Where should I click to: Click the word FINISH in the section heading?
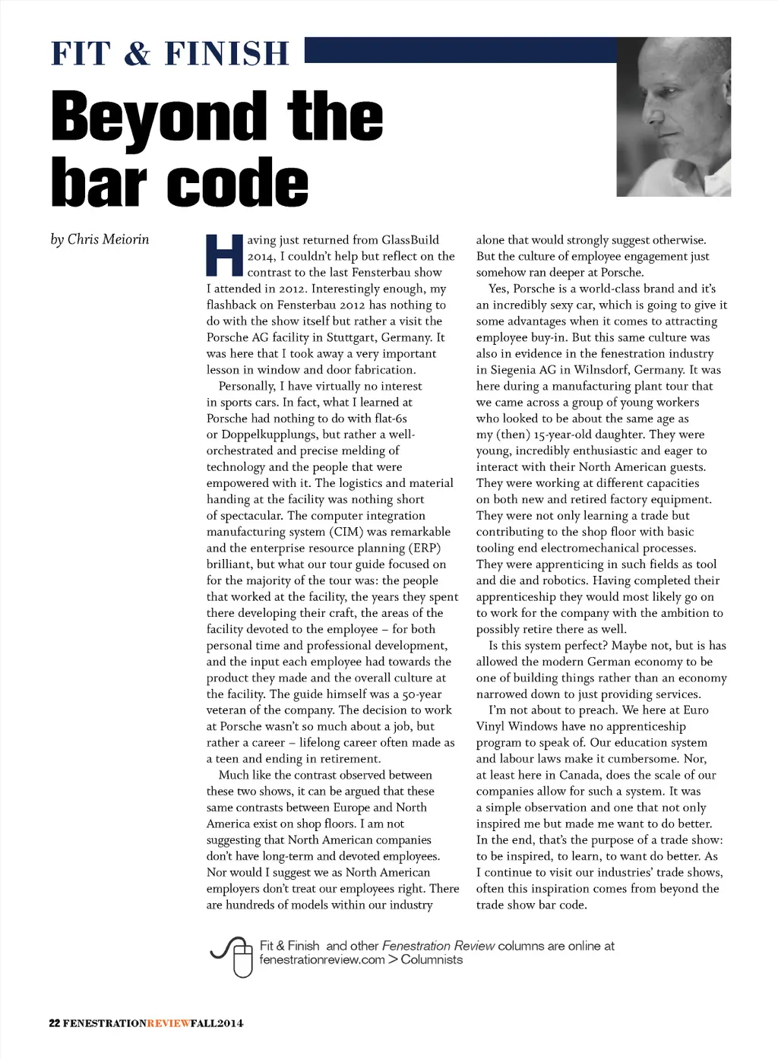coord(226,54)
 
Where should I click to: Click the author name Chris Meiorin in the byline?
coord(108,239)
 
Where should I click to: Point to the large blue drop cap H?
coord(224,256)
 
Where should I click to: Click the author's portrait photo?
coord(673,117)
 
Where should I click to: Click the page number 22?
coord(54,1023)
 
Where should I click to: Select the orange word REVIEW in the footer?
coord(169,1023)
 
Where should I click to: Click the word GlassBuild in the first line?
coord(410,240)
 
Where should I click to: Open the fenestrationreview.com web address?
coord(321,959)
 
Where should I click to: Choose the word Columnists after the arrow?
coord(432,959)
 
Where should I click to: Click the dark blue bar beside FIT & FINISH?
coord(460,50)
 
